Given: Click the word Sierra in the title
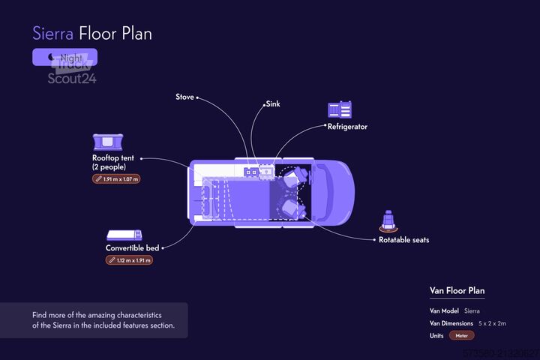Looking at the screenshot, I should point(52,33).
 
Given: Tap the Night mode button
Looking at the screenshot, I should point(64,57).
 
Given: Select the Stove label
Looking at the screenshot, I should point(184,97).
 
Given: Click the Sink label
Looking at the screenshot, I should point(273,103).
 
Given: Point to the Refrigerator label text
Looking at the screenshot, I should point(347,127).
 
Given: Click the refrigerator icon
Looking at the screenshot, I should point(340,109).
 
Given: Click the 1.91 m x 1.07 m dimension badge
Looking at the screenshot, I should point(117,179).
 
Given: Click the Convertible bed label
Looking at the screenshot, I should point(132,247).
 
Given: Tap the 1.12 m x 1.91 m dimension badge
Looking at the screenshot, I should point(129,260).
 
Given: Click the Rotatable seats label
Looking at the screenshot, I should point(403,240).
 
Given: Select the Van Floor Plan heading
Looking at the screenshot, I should point(457,290).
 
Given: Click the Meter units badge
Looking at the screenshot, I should point(462,335).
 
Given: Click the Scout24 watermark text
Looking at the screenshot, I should point(72,77).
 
